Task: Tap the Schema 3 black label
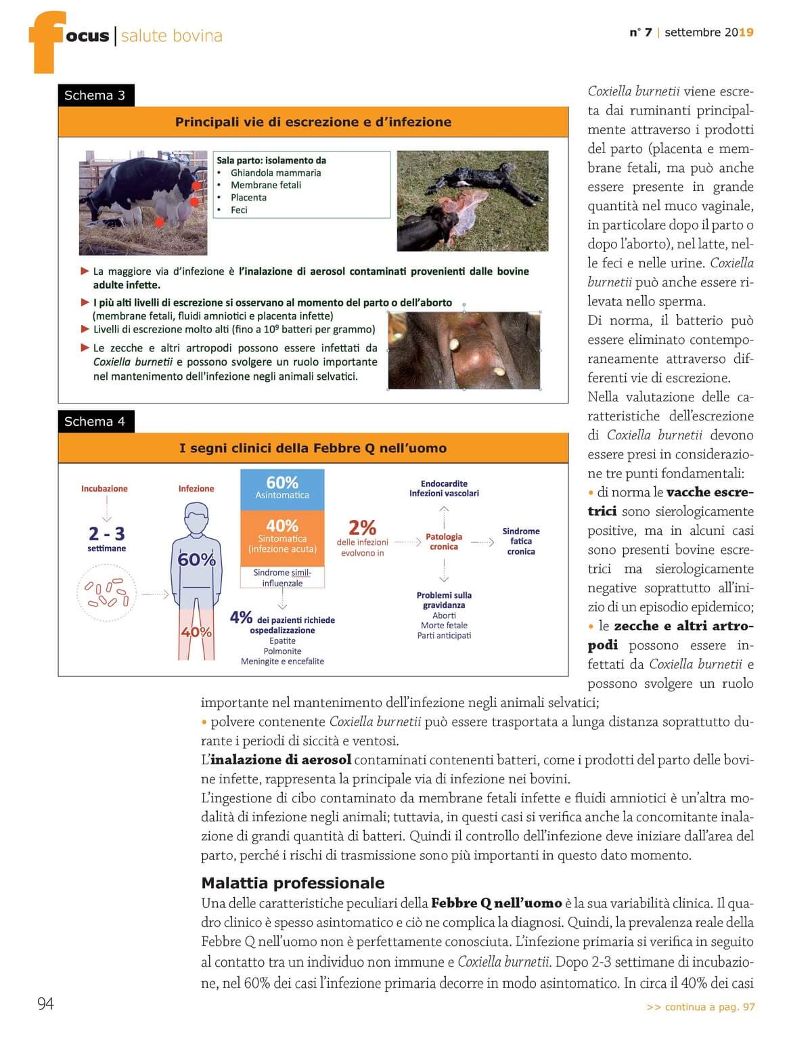[x=95, y=95]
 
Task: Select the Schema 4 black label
[x=95, y=421]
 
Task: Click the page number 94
[x=45, y=1003]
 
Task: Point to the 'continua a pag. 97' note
[x=700, y=1007]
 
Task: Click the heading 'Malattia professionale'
[x=292, y=883]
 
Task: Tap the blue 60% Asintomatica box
[x=282, y=487]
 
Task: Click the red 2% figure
[x=362, y=527]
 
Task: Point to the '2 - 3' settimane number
[x=107, y=534]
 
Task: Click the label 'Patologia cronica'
[x=444, y=542]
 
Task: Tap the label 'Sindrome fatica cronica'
[x=521, y=541]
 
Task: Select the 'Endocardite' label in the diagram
[x=444, y=483]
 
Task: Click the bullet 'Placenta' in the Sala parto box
[x=248, y=198]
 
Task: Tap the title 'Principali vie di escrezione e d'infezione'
[x=313, y=122]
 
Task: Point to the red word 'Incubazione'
[x=104, y=489]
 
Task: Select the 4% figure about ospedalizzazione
[x=241, y=617]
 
